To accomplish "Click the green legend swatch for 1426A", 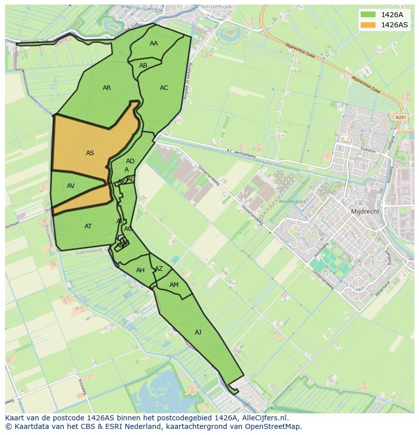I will pos(368,15).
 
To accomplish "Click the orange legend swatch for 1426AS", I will pos(368,25).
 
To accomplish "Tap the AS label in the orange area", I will pos(90,153).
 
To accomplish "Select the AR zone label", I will pos(107,88).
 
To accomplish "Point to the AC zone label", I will pos(164,88).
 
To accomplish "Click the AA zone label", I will pos(154,43).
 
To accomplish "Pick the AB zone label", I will pos(143,66).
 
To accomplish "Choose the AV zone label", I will pos(71,186).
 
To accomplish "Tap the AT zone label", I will pos(88,226).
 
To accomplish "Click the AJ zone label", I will pos(198,332).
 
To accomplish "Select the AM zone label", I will pos(174,285).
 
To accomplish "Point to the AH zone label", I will pos(141,270).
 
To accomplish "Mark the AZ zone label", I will pos(159,269).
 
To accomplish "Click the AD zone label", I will pos(130,161).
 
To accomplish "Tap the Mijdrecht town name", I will pos(365,212).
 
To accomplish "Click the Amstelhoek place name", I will pos(216,7).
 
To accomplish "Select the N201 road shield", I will pos(401,117).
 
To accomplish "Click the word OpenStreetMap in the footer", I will pos(274,426).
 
